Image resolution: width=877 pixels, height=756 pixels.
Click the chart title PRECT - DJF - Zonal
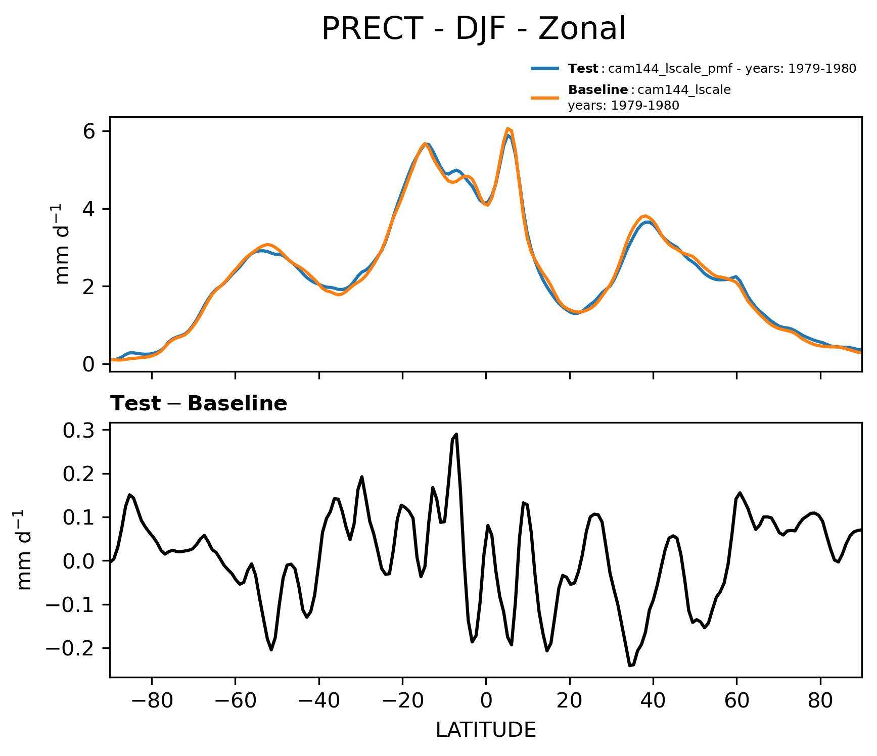point(474,29)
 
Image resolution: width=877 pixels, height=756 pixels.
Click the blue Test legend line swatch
point(545,68)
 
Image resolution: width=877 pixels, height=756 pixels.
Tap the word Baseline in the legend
point(598,90)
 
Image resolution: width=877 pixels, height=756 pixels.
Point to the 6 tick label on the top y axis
point(89,131)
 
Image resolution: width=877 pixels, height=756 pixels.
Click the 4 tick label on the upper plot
point(89,209)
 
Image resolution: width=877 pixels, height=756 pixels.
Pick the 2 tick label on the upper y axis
point(89,287)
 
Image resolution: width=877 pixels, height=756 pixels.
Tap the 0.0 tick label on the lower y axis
point(78,561)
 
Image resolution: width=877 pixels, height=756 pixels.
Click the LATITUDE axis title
point(486,730)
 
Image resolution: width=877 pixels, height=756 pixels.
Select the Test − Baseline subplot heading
point(199,404)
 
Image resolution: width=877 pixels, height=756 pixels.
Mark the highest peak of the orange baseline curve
point(508,128)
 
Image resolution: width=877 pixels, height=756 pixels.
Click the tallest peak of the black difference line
point(456,434)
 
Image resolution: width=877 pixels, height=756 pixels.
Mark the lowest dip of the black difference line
point(630,666)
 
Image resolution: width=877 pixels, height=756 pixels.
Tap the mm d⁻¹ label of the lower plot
point(24,550)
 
